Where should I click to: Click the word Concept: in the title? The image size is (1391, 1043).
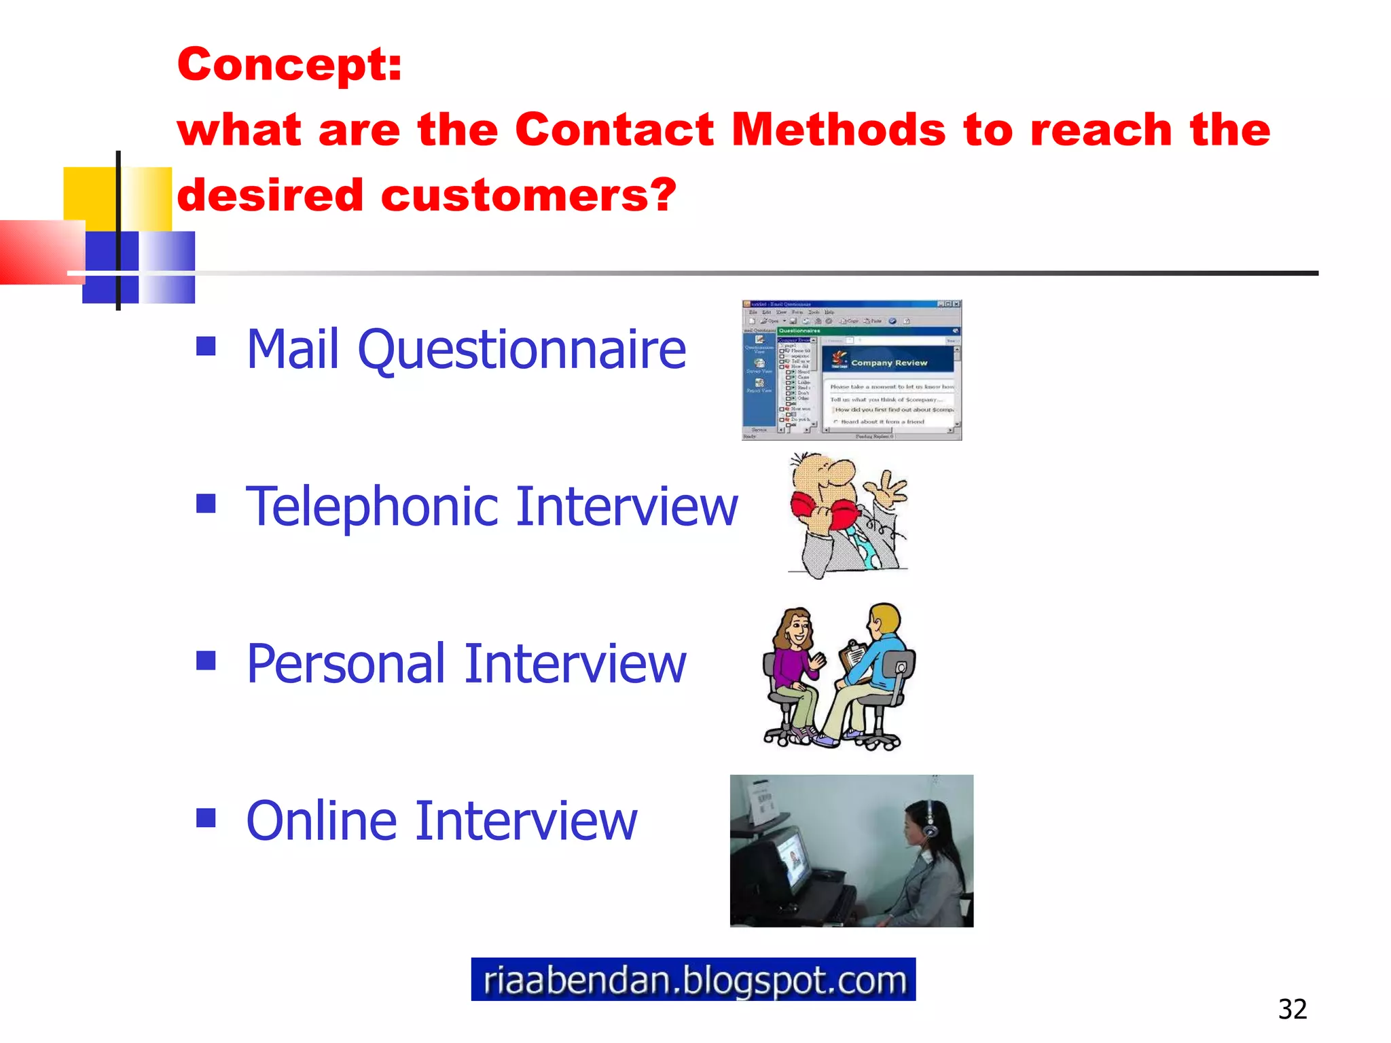coord(289,65)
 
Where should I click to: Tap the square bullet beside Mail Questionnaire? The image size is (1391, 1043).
coord(206,346)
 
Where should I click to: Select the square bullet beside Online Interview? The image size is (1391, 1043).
coord(206,818)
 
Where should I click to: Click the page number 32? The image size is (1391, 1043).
coord(1292,1009)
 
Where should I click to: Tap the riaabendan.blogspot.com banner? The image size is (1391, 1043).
coord(693,979)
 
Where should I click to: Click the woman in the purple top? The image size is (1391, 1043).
coord(793,662)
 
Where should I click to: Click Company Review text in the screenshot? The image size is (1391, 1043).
coord(888,363)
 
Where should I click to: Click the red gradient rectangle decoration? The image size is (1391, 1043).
coord(41,251)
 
